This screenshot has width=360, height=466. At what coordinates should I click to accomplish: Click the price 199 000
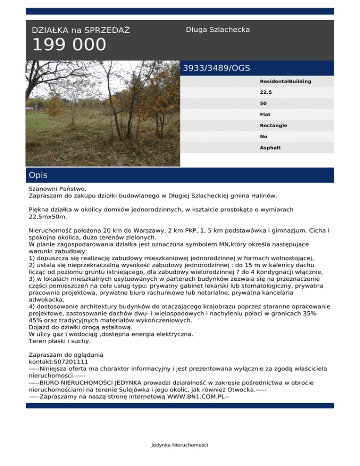pos(69,45)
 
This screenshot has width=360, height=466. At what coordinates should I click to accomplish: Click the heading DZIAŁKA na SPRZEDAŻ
pos(81,30)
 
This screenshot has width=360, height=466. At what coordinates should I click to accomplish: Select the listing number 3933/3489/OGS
pos(216,68)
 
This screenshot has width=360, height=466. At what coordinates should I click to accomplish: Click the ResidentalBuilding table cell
pos(285,81)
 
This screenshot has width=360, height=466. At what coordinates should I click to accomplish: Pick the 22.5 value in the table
pos(266,92)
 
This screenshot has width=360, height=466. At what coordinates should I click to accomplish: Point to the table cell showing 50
pos(263,103)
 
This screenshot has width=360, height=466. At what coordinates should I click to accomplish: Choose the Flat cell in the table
pos(265,114)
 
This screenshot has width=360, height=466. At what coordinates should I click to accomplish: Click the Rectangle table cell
pos(273,126)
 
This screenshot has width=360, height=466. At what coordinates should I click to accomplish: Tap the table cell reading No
pos(263,136)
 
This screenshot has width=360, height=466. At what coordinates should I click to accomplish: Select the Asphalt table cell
pos(270,148)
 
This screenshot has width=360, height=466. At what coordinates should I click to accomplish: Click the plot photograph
pos(103,113)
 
